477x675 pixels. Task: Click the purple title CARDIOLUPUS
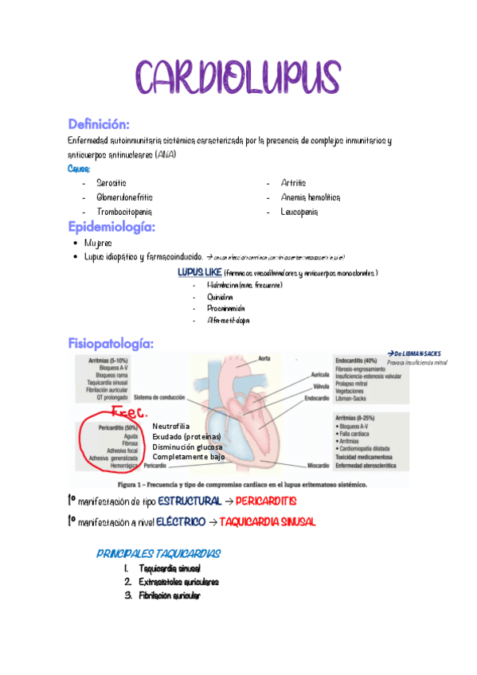[x=238, y=77]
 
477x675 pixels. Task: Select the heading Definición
[x=99, y=124]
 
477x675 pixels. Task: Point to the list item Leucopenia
[x=299, y=212]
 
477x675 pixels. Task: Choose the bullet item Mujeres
[x=98, y=243]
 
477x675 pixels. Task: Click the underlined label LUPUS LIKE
[x=200, y=272]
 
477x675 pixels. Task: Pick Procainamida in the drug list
[x=225, y=308]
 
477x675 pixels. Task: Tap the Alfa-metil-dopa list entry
[x=228, y=320]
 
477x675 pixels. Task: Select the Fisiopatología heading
[x=111, y=344]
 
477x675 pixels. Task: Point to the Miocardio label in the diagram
[x=316, y=466]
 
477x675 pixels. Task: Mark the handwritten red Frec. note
[x=129, y=413]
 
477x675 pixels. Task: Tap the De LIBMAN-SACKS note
[x=416, y=353]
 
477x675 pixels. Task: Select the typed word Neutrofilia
[x=171, y=427]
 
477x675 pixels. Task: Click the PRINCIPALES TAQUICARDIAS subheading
[x=158, y=553]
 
